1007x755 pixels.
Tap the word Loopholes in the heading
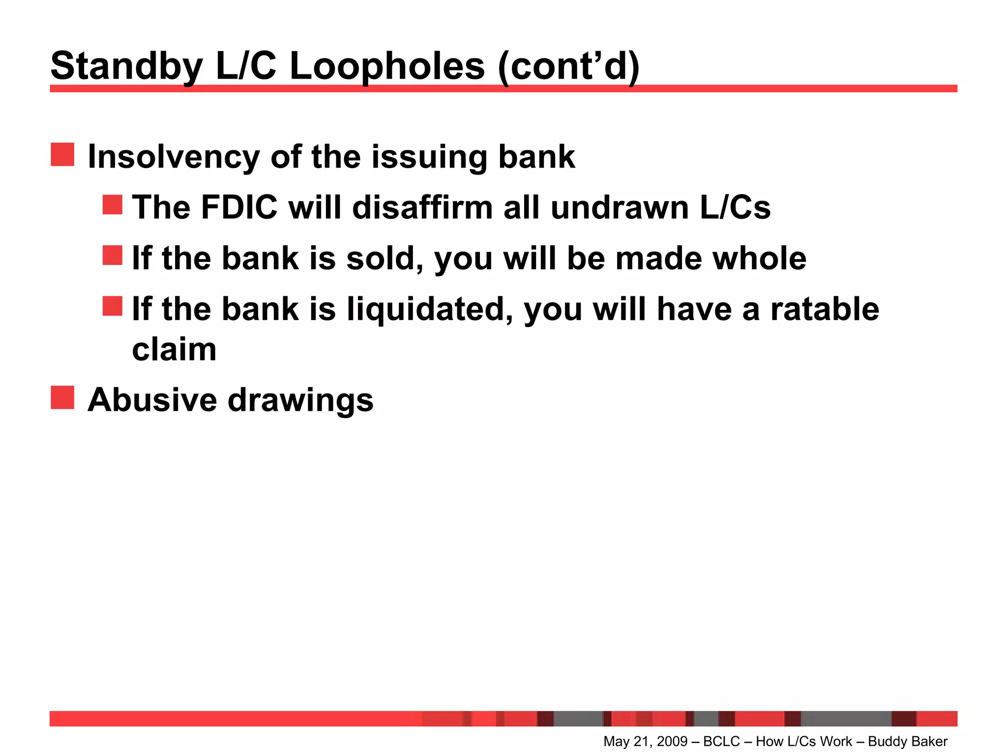click(x=387, y=66)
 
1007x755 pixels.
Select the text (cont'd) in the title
click(x=568, y=66)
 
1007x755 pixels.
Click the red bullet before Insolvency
click(x=62, y=155)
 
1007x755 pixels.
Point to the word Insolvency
click(x=174, y=157)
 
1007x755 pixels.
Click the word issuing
click(x=429, y=157)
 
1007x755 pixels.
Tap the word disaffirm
click(x=422, y=207)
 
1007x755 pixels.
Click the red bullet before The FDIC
click(x=112, y=204)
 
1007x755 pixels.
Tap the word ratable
click(x=825, y=310)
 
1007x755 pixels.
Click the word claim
click(x=174, y=350)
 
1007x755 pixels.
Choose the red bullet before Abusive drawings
click(x=62, y=398)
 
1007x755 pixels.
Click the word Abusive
click(x=152, y=400)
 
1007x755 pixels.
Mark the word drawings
click(x=300, y=401)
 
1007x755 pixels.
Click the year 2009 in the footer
click(x=672, y=741)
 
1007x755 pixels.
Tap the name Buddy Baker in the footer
click(x=908, y=741)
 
